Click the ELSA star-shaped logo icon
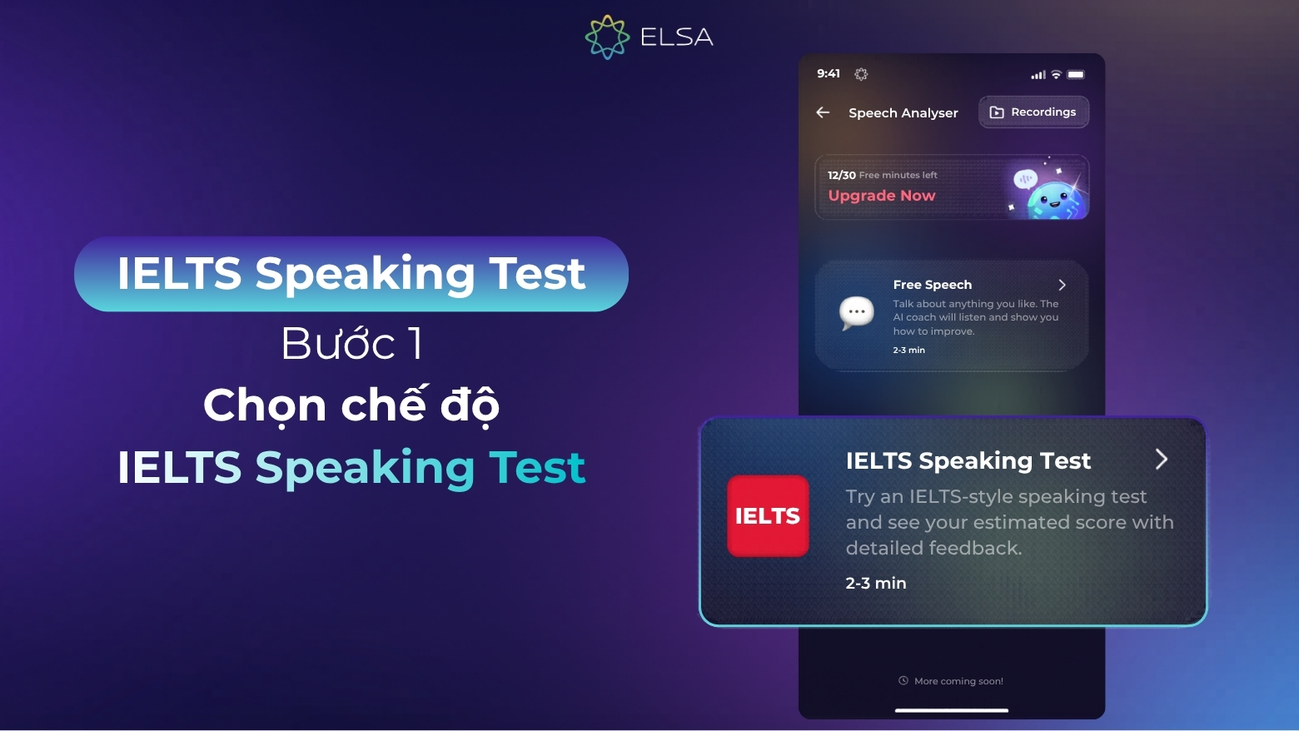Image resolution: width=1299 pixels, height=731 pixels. (x=607, y=37)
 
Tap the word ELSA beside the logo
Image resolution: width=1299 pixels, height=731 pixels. (x=676, y=37)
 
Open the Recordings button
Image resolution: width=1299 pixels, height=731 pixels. (x=1033, y=112)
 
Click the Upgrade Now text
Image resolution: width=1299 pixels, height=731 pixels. (x=882, y=196)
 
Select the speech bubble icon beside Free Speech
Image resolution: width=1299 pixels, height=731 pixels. (x=856, y=312)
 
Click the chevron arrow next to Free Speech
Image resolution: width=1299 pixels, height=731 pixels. (x=1062, y=285)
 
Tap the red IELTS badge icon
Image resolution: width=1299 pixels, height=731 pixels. (x=768, y=516)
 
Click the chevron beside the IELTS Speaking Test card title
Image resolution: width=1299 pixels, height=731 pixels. (x=1162, y=459)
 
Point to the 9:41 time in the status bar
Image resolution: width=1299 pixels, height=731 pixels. (x=829, y=73)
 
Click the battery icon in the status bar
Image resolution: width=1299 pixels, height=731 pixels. (x=1076, y=75)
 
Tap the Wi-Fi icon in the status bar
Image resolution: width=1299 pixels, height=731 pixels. (x=1056, y=75)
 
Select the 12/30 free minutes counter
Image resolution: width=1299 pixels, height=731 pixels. (x=842, y=175)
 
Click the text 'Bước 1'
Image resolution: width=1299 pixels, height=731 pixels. (x=351, y=343)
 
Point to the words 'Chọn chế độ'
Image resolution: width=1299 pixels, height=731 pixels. (x=351, y=405)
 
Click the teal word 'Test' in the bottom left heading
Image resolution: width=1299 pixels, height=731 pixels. (x=537, y=467)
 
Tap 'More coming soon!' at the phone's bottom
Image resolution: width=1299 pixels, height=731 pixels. (x=958, y=681)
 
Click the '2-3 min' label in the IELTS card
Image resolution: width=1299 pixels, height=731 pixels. (x=876, y=583)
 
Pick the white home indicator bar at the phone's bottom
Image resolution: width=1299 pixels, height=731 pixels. (x=952, y=710)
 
